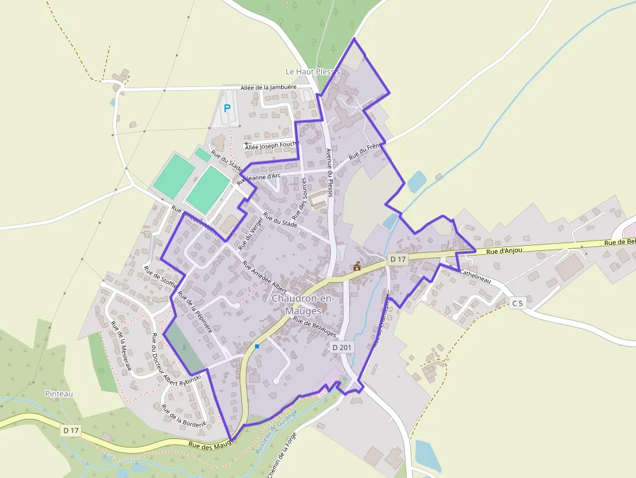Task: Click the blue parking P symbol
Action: pyautogui.click(x=226, y=108)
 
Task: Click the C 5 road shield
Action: pyautogui.click(x=517, y=303)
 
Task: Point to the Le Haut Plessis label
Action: pyautogui.click(x=313, y=71)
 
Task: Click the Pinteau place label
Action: pyautogui.click(x=59, y=394)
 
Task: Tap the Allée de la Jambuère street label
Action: pyautogui.click(x=268, y=88)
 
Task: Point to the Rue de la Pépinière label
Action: pyautogui.click(x=195, y=312)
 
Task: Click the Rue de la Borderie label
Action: pyautogui.click(x=184, y=415)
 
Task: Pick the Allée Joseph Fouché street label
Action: pyautogui.click(x=271, y=147)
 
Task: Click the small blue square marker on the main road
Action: pyautogui.click(x=257, y=346)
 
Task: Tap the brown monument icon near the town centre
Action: pyautogui.click(x=356, y=266)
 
